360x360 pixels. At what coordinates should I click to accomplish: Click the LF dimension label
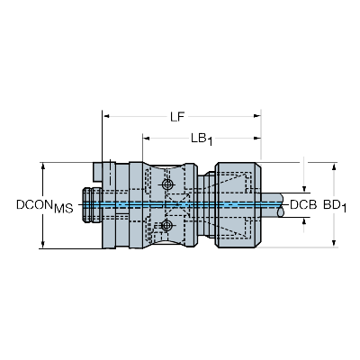(x=177, y=116)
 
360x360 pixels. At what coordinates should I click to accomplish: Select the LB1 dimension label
(x=202, y=139)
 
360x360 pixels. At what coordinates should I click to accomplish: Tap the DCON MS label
(x=45, y=206)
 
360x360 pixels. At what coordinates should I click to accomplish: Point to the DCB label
(x=303, y=204)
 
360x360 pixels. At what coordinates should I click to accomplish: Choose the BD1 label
(x=335, y=206)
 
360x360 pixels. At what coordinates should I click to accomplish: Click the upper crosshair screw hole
(x=166, y=184)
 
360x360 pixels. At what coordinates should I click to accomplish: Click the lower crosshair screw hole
(x=166, y=225)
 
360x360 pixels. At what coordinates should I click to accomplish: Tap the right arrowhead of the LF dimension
(x=257, y=116)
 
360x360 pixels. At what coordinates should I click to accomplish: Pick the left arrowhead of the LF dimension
(x=106, y=116)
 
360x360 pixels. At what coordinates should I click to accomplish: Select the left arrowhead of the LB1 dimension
(x=146, y=139)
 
